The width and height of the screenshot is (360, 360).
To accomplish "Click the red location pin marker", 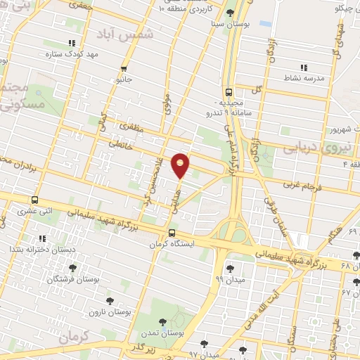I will click(x=181, y=164).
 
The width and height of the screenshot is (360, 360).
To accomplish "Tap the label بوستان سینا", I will click(x=231, y=22).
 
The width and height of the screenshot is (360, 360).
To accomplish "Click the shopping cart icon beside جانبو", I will click(x=124, y=68).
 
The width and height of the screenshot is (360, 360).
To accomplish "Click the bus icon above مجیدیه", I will click(x=229, y=91).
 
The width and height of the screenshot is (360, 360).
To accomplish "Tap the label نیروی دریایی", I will click(x=310, y=149).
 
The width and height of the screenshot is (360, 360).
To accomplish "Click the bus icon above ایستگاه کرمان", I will click(x=172, y=233).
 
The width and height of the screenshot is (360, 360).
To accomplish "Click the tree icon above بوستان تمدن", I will click(x=162, y=322).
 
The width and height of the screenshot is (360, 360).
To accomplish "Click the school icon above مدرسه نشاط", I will click(x=306, y=67).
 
